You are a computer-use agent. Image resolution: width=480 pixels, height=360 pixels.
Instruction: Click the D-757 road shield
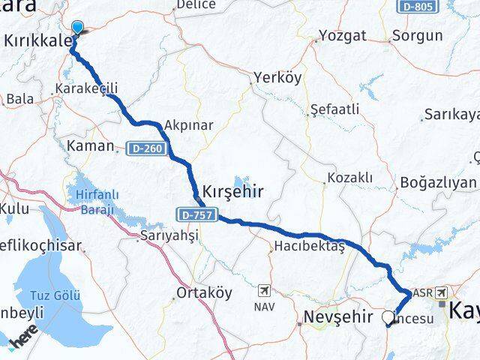pyautogui.click(x=197, y=215)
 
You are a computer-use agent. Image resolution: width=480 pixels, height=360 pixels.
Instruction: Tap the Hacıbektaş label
pyautogui.click(x=309, y=246)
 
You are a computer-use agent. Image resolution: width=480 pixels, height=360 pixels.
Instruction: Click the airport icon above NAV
pyautogui.click(x=265, y=290)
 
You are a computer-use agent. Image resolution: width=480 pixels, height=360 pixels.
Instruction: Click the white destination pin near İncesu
pyautogui.click(x=388, y=317)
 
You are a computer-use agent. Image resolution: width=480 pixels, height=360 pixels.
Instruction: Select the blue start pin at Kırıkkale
pyautogui.click(x=76, y=28)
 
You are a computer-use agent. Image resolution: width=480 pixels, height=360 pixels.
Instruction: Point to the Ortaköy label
pyautogui.click(x=204, y=292)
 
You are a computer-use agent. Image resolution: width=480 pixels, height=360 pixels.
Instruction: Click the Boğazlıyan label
pyautogui.click(x=438, y=183)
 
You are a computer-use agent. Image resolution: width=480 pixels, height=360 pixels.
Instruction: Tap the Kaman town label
pyautogui.click(x=90, y=145)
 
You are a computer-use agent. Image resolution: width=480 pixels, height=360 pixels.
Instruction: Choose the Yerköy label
pyautogui.click(x=276, y=77)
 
